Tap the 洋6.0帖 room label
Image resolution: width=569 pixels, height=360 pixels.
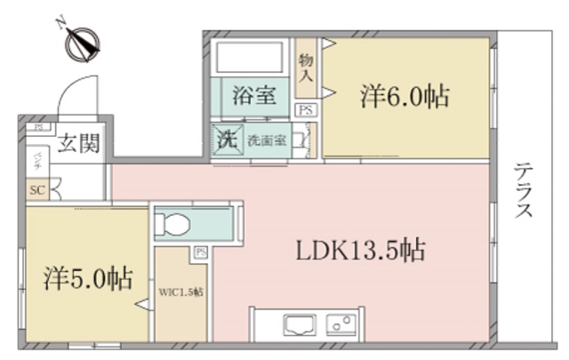click(405, 95)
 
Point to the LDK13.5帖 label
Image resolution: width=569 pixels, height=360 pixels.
click(360, 250)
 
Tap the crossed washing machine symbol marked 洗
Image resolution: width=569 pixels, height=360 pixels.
click(223, 140)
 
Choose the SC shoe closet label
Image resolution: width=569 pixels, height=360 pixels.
click(36, 189)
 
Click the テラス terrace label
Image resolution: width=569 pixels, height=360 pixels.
click(524, 191)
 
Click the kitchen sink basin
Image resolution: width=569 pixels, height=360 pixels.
click(297, 323)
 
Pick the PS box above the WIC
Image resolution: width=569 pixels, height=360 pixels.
click(200, 252)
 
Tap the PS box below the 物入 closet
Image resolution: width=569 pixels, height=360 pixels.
click(305, 110)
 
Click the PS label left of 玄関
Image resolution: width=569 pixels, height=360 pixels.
click(38, 127)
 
